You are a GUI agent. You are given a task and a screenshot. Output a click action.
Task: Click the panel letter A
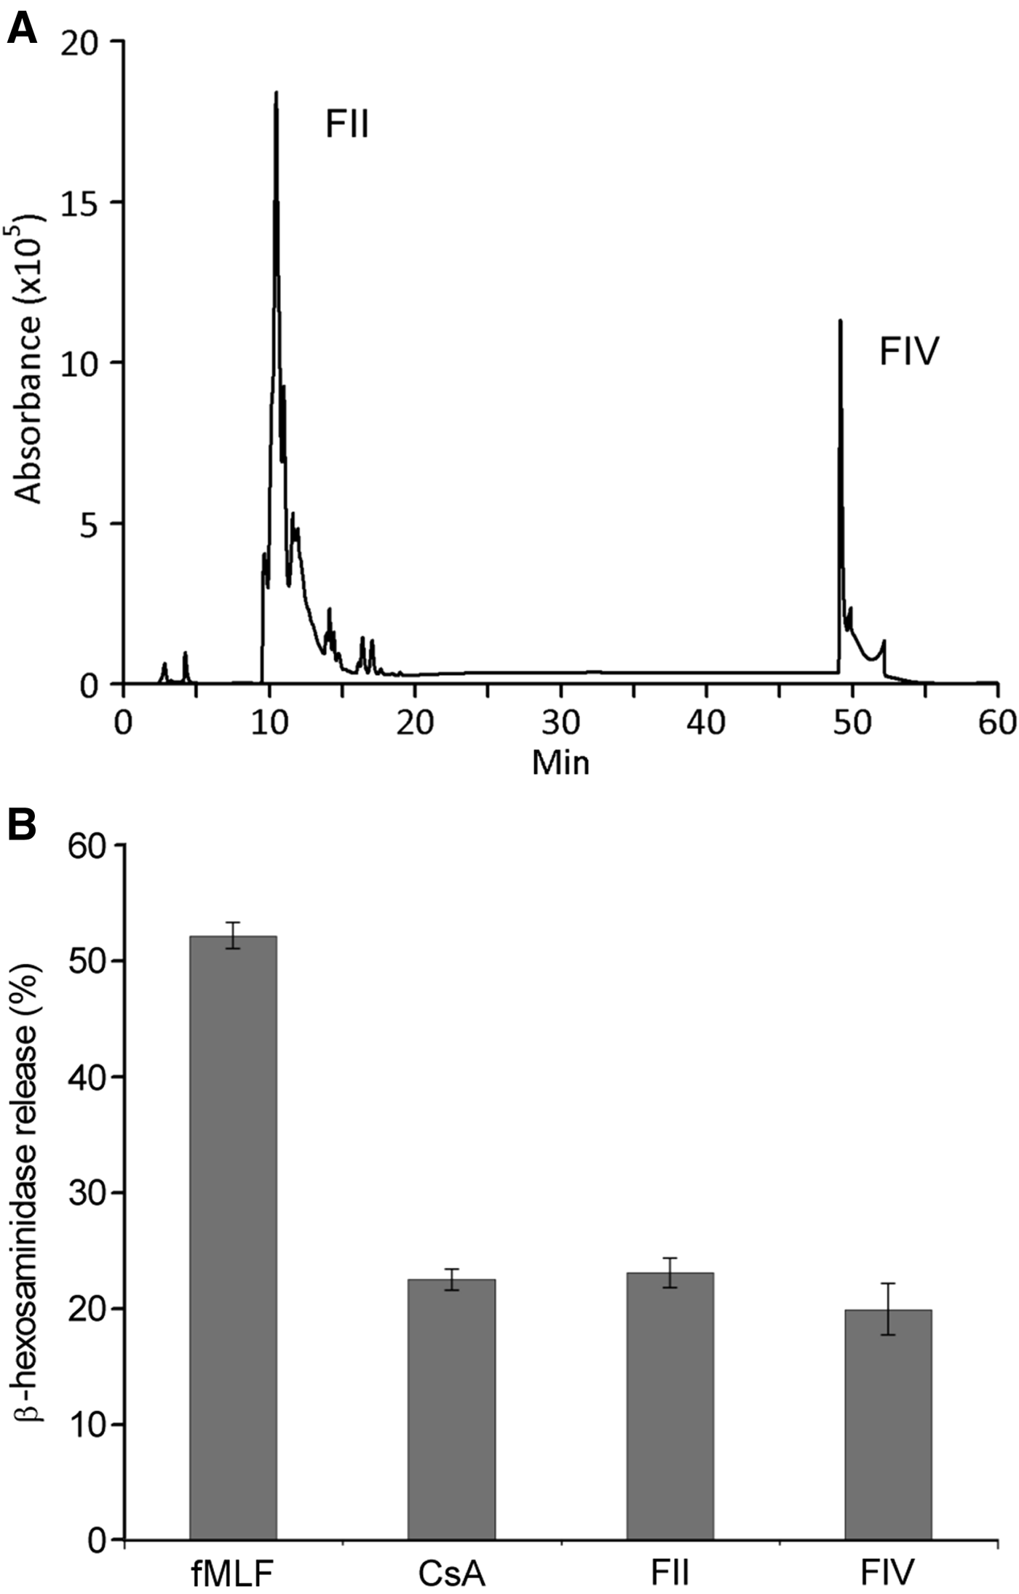(22, 31)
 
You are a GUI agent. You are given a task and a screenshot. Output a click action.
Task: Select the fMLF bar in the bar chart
(233, 1237)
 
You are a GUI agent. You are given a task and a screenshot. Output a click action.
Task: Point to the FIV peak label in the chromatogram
(909, 351)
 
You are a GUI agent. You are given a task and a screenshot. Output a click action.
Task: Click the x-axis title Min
(560, 763)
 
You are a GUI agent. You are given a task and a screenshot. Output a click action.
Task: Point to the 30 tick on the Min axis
(560, 723)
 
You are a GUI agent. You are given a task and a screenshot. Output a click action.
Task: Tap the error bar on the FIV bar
(888, 1309)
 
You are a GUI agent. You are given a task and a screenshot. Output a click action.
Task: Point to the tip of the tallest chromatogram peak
(276, 92)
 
